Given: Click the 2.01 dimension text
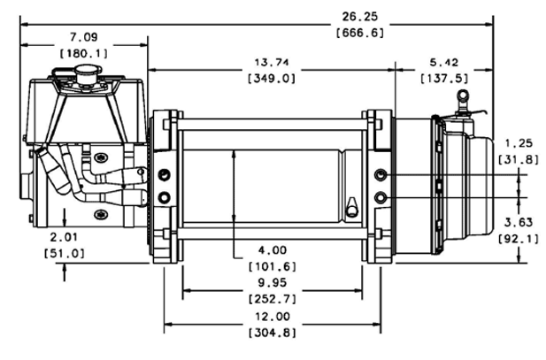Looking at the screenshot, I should pyautogui.click(x=65, y=237).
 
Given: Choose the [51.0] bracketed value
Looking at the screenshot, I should pyautogui.click(x=65, y=253).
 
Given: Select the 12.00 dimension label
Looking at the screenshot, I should pyautogui.click(x=272, y=318).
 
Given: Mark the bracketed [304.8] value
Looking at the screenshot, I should pyautogui.click(x=272, y=333).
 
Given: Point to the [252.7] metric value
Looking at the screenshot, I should pyautogui.click(x=272, y=300).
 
